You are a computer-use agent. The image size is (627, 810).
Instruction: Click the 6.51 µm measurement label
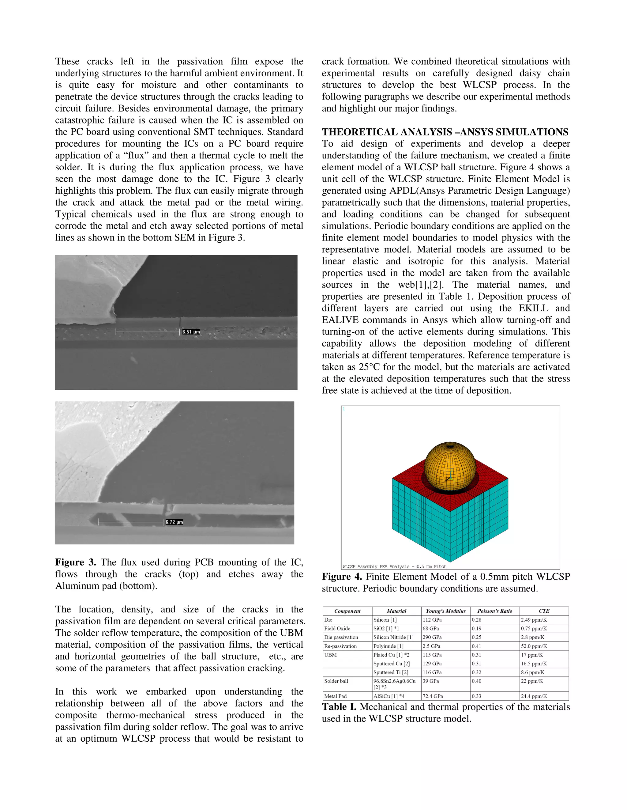pos(191,332)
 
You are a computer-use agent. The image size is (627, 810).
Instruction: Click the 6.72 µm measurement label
pos(174,522)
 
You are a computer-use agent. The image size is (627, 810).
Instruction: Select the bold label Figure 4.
pos(342,577)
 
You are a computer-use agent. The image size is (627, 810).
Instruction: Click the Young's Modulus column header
pos(445,611)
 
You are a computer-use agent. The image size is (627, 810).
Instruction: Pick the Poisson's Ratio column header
pos(494,611)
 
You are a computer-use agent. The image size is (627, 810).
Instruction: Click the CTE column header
pos(544,611)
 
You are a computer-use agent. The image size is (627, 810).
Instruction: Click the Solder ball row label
pos(336,681)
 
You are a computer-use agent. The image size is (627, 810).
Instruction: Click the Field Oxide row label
pos(337,628)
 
